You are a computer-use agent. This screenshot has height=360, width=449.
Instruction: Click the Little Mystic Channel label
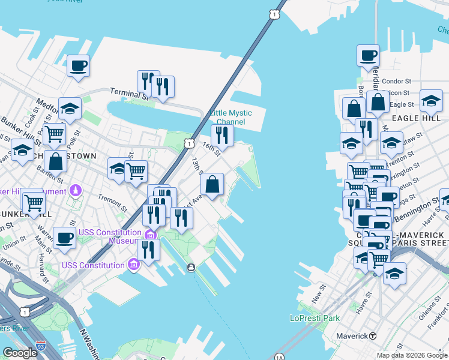231,118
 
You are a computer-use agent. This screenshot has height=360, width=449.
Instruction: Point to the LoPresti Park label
315,318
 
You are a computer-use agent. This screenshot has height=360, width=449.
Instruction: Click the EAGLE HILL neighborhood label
412,119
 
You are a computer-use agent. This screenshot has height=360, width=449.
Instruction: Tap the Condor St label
396,81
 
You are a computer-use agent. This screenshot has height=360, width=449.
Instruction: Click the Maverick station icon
373,335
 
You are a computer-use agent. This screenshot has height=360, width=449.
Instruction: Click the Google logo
20,353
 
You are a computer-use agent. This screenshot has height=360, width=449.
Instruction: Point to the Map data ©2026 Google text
411,355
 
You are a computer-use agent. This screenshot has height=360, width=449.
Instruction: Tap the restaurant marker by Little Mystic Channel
222,136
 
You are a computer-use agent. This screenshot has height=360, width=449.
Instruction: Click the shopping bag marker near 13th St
212,184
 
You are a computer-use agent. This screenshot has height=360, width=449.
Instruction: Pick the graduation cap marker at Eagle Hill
431,100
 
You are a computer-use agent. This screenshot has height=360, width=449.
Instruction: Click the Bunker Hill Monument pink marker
76,191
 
